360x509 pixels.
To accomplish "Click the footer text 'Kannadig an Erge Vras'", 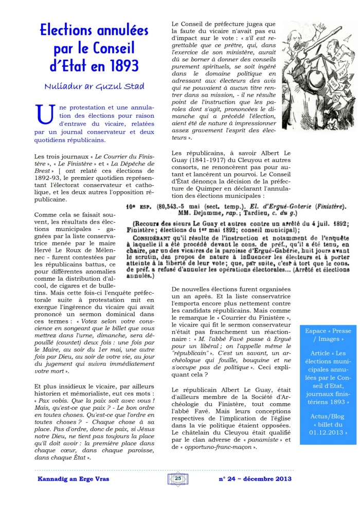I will click(74, 479).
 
